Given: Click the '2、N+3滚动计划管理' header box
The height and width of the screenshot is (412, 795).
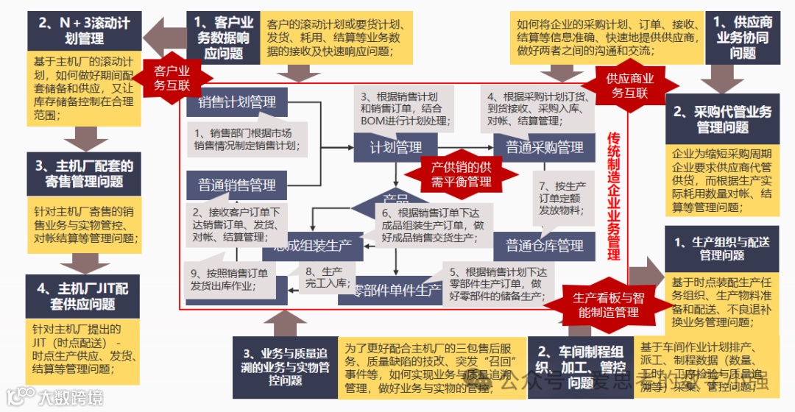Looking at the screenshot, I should pyautogui.click(x=84, y=30).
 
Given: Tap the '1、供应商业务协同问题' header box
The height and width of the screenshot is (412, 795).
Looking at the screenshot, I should pyautogui.click(x=743, y=38).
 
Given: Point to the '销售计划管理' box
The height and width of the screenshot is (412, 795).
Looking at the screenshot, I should pyautogui.click(x=237, y=102).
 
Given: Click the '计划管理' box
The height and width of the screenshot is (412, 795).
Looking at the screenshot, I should pyautogui.click(x=395, y=148).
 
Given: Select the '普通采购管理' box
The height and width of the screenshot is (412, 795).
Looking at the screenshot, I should pyautogui.click(x=545, y=148).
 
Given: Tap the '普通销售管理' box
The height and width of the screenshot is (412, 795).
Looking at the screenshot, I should pyautogui.click(x=237, y=185).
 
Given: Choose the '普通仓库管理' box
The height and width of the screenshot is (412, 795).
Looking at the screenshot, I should pyautogui.click(x=545, y=245).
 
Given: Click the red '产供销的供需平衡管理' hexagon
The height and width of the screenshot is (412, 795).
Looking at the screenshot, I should pyautogui.click(x=462, y=174).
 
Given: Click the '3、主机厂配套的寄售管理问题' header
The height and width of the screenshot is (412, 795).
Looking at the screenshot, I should pyautogui.click(x=84, y=174).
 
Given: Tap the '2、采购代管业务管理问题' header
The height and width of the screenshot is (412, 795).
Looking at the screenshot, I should pyautogui.click(x=722, y=120).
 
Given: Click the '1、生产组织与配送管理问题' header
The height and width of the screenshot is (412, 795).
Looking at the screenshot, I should pyautogui.click(x=722, y=249).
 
